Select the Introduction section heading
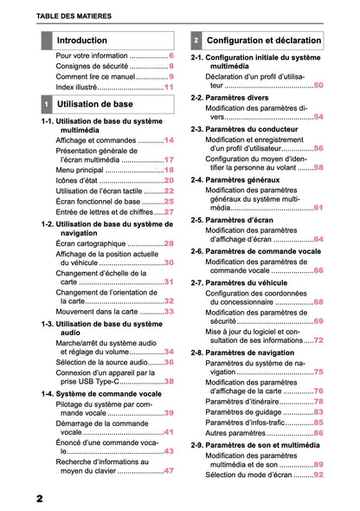tap(81, 41)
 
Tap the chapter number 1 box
tap(46, 104)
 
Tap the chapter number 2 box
tap(196, 41)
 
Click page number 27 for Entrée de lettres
tap(169, 211)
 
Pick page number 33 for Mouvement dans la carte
tap(169, 311)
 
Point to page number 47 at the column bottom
tap(169, 470)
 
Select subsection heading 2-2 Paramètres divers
tap(239, 99)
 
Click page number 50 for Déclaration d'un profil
tap(318, 85)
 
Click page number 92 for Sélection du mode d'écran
tap(318, 475)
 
